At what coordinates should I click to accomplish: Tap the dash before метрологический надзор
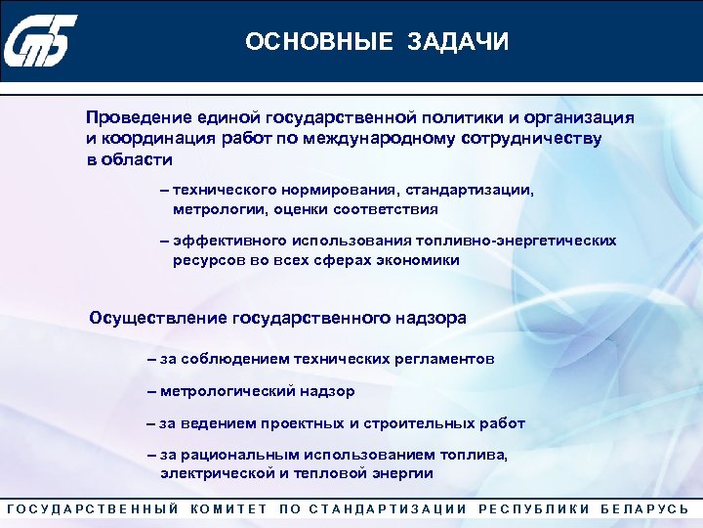click(151, 391)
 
